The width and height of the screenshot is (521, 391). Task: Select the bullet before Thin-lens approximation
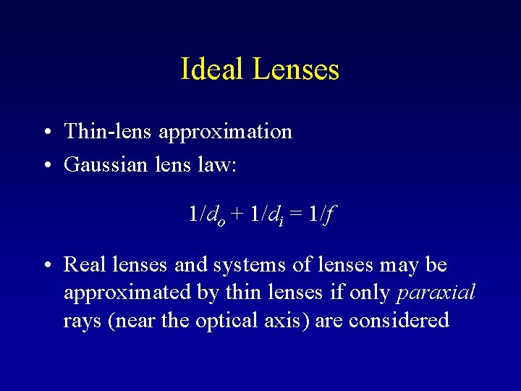[45, 132]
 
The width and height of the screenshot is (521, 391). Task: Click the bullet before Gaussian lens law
[45, 166]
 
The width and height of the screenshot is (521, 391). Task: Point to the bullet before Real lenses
[45, 265]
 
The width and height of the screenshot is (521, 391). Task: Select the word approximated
[119, 293]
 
